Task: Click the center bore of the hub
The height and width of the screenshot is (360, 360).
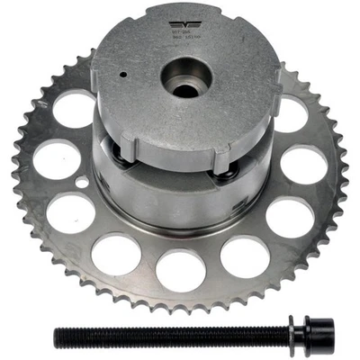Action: (185, 82)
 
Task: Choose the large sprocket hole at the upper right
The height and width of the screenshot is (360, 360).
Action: (290, 115)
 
